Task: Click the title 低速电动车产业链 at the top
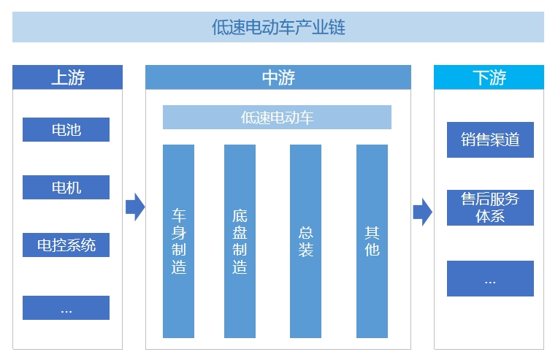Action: (x=278, y=27)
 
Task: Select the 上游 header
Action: (x=67, y=77)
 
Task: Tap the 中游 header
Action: (x=278, y=77)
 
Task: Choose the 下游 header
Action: (x=489, y=77)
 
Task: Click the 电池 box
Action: (x=66, y=130)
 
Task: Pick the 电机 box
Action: (x=66, y=188)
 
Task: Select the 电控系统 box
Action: (x=66, y=245)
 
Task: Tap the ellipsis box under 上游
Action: (x=66, y=308)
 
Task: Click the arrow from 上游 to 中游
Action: (x=134, y=207)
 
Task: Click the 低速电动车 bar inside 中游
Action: (x=277, y=118)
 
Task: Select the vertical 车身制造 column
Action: (x=178, y=241)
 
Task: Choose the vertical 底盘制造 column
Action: (x=240, y=241)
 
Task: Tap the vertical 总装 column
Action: (x=305, y=241)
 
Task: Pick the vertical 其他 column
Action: (x=372, y=241)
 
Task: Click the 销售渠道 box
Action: (x=490, y=139)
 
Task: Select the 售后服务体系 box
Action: (x=490, y=207)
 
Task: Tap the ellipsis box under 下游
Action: (x=490, y=279)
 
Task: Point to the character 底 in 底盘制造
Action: (x=240, y=215)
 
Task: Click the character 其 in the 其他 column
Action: (x=372, y=232)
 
